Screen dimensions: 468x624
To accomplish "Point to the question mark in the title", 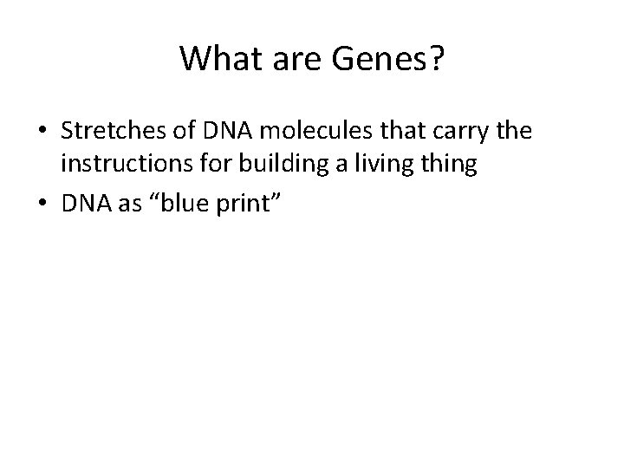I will click(433, 59).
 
